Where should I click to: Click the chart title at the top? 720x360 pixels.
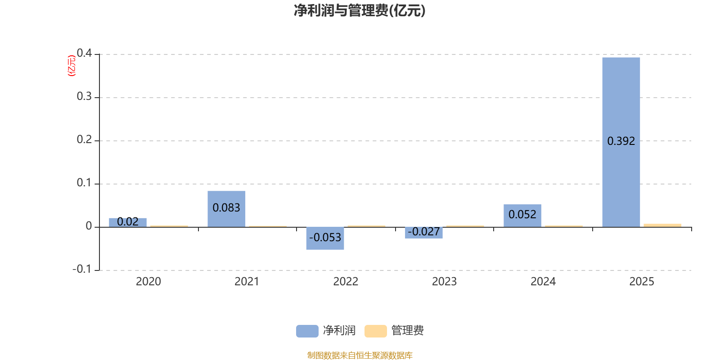tap(360, 11)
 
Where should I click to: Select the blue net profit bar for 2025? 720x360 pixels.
tap(621, 142)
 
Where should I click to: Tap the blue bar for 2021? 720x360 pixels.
tap(226, 209)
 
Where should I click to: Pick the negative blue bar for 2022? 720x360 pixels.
tap(325, 238)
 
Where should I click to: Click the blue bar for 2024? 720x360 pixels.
tap(522, 216)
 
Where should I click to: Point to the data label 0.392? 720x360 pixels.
tap(621, 141)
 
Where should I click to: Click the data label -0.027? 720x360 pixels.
tap(423, 232)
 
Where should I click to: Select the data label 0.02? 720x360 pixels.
tap(128, 222)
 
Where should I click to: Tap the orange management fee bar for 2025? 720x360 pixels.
tap(662, 225)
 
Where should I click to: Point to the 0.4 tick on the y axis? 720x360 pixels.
tap(84, 53)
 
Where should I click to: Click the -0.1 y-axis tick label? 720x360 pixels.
tap(82, 269)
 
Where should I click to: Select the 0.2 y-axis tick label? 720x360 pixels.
tap(84, 139)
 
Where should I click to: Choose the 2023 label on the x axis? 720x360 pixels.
tap(444, 282)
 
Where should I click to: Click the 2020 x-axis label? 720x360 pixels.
tap(148, 282)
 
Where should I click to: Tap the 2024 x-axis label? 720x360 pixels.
tap(543, 282)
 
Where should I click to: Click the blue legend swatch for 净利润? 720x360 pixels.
tap(307, 331)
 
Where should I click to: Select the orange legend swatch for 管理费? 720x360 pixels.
tap(375, 331)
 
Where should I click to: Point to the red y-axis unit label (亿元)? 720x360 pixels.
tap(72, 66)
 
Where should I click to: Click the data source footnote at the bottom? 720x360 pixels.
tap(360, 355)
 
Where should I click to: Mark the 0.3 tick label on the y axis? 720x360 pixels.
tap(84, 96)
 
